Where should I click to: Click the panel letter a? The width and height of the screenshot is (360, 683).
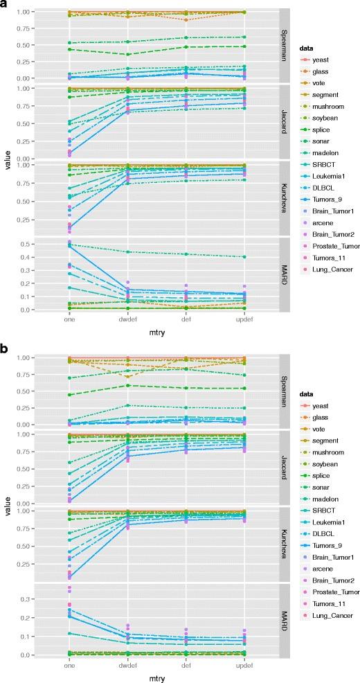coord(6,6)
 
